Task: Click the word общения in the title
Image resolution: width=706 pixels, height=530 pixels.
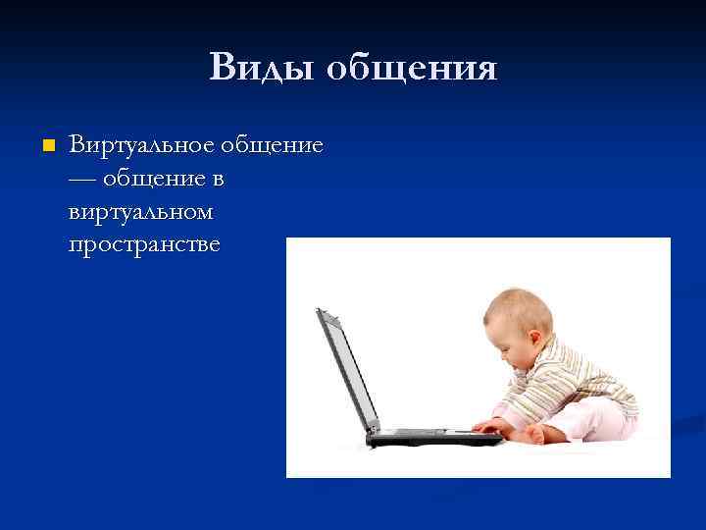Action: click(x=411, y=70)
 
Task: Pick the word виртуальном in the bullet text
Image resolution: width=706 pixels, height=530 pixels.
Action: click(x=140, y=211)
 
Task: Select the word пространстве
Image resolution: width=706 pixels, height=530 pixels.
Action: click(x=145, y=244)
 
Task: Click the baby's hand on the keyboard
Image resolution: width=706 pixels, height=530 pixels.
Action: click(x=485, y=426)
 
